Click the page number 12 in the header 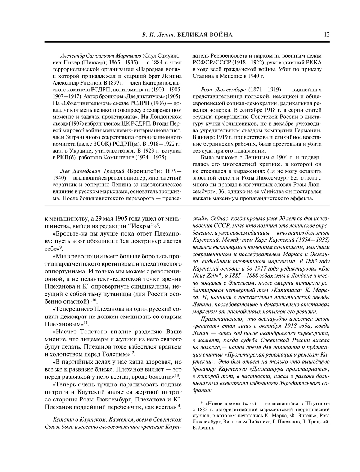pos(327,35)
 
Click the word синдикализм pos(144,286)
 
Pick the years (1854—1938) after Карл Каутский pos(311,239)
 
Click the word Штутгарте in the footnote pos(314,403)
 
